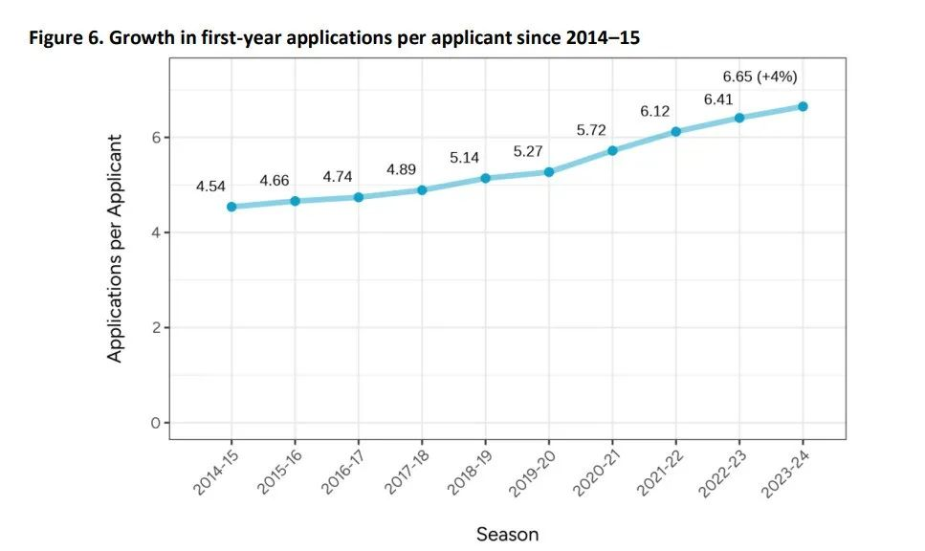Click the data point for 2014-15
click(x=231, y=207)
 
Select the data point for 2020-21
click(x=612, y=150)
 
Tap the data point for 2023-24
click(x=803, y=106)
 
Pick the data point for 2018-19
click(x=485, y=178)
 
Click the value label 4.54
click(x=210, y=187)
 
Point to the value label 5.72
click(x=591, y=129)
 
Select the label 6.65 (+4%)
click(x=760, y=77)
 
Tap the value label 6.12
click(x=655, y=111)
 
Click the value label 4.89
click(x=402, y=169)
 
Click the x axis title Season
click(x=507, y=534)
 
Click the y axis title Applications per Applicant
click(x=115, y=248)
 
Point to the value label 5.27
click(x=528, y=151)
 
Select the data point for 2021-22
click(x=675, y=132)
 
